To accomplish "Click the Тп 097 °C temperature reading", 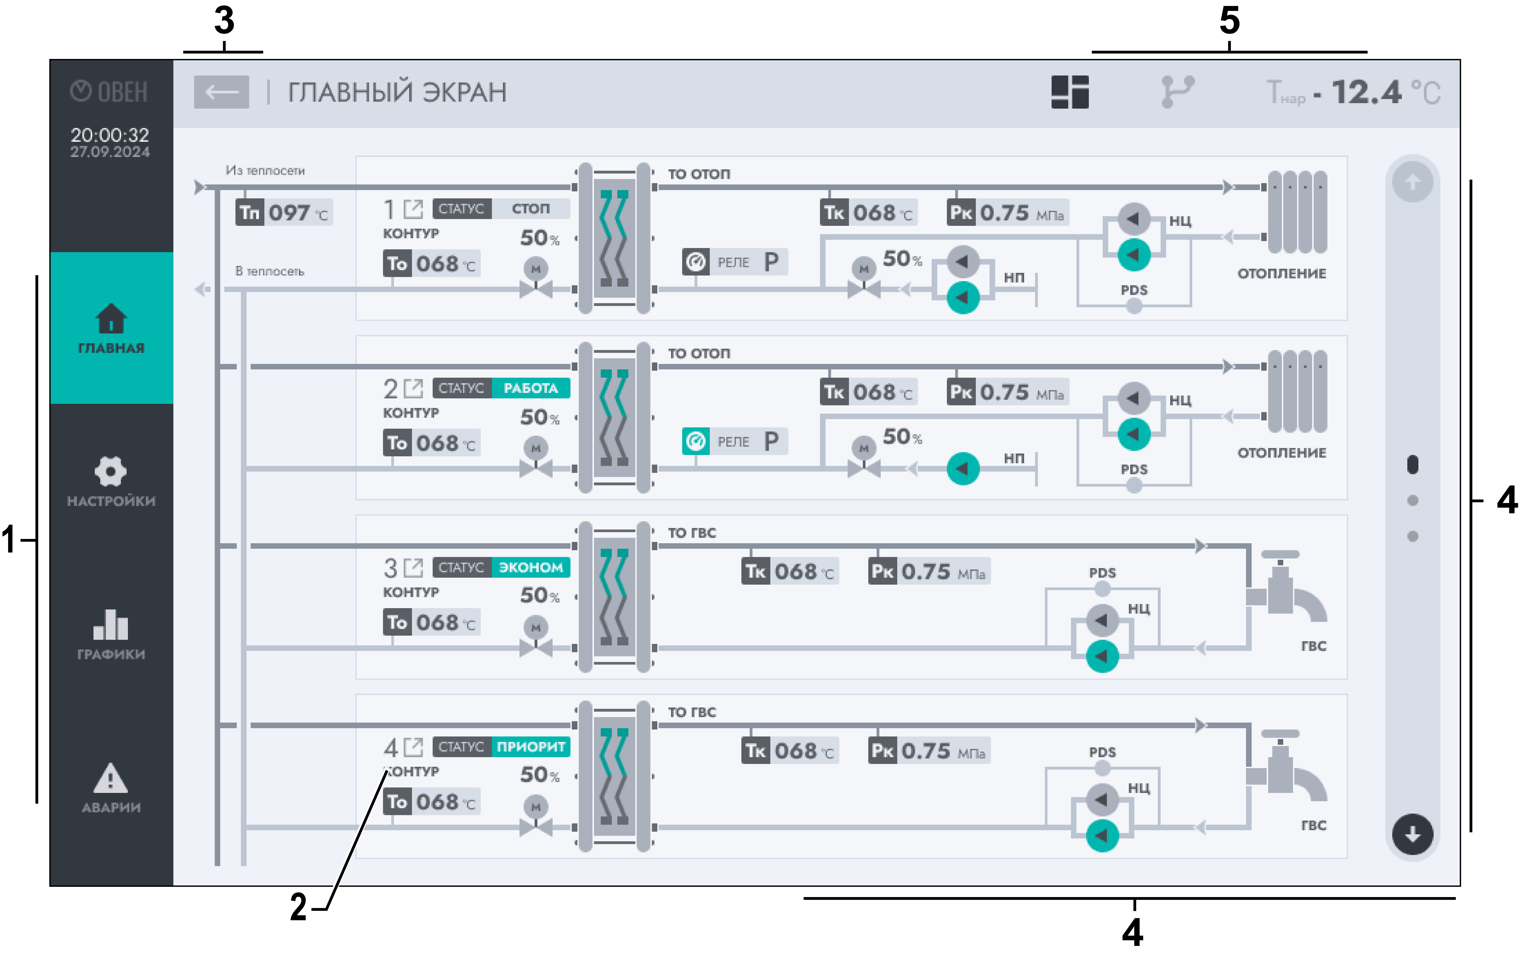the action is click(284, 213).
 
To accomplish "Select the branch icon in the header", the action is click(1177, 92).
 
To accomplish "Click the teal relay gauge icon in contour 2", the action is click(696, 441).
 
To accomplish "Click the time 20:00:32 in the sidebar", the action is click(110, 134).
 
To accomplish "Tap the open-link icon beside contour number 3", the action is click(413, 567).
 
